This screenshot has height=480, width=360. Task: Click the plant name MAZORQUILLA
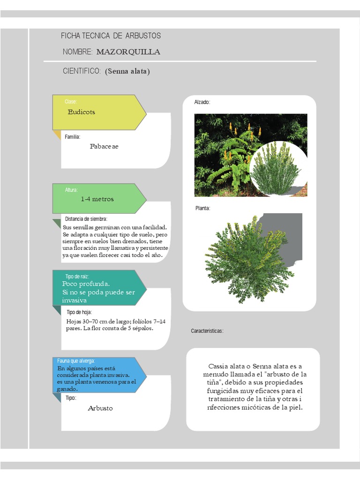tap(128, 52)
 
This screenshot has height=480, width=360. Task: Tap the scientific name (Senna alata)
tap(127, 71)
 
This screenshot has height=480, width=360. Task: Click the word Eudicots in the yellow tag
tap(81, 112)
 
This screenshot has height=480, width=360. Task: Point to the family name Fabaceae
tap(104, 146)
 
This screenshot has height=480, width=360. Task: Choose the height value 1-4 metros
tap(97, 199)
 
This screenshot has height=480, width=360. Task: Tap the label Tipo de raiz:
tap(77, 277)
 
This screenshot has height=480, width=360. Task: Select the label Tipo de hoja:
tap(79, 312)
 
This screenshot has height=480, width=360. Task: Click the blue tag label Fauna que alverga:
tap(76, 360)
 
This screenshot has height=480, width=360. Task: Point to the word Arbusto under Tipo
tap(100, 408)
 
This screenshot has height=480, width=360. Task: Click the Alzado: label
tap(202, 102)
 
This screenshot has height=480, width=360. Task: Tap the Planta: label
tap(202, 208)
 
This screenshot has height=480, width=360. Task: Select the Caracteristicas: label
tap(207, 331)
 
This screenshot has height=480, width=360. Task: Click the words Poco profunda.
tap(86, 284)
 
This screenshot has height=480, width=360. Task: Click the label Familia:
tap(73, 137)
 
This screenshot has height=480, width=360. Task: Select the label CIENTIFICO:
tap(82, 71)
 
